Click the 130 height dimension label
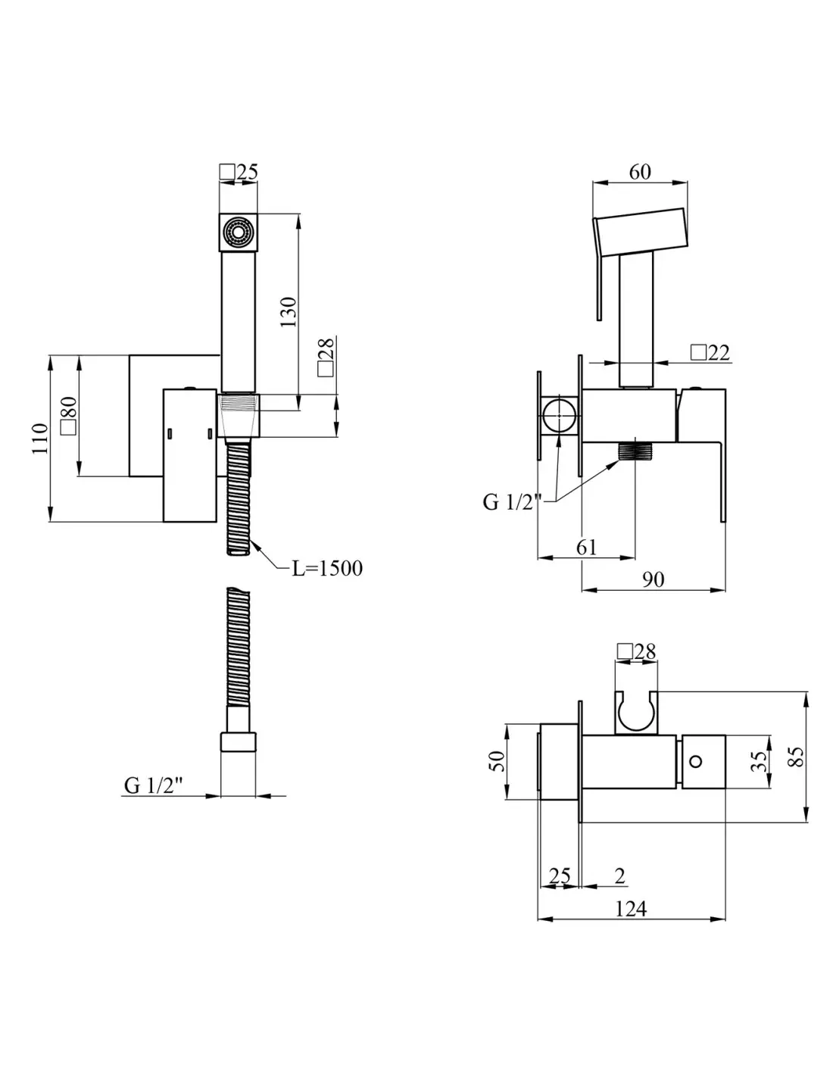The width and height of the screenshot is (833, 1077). click(288, 311)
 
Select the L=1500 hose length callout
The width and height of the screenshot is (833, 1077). click(327, 568)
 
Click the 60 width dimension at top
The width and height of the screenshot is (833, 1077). click(640, 172)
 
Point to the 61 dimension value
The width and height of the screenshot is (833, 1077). click(586, 547)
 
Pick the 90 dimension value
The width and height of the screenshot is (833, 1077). click(653, 579)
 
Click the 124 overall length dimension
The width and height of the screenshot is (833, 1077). click(631, 909)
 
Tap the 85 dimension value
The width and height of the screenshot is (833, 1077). click(797, 757)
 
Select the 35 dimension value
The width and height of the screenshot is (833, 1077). click(759, 761)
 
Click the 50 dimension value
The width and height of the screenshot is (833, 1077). click(497, 761)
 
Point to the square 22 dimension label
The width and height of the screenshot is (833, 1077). click(710, 353)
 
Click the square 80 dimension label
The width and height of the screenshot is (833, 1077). click(68, 415)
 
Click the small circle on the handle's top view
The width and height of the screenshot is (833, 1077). click(696, 760)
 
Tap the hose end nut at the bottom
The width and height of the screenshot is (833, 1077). click(239, 742)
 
